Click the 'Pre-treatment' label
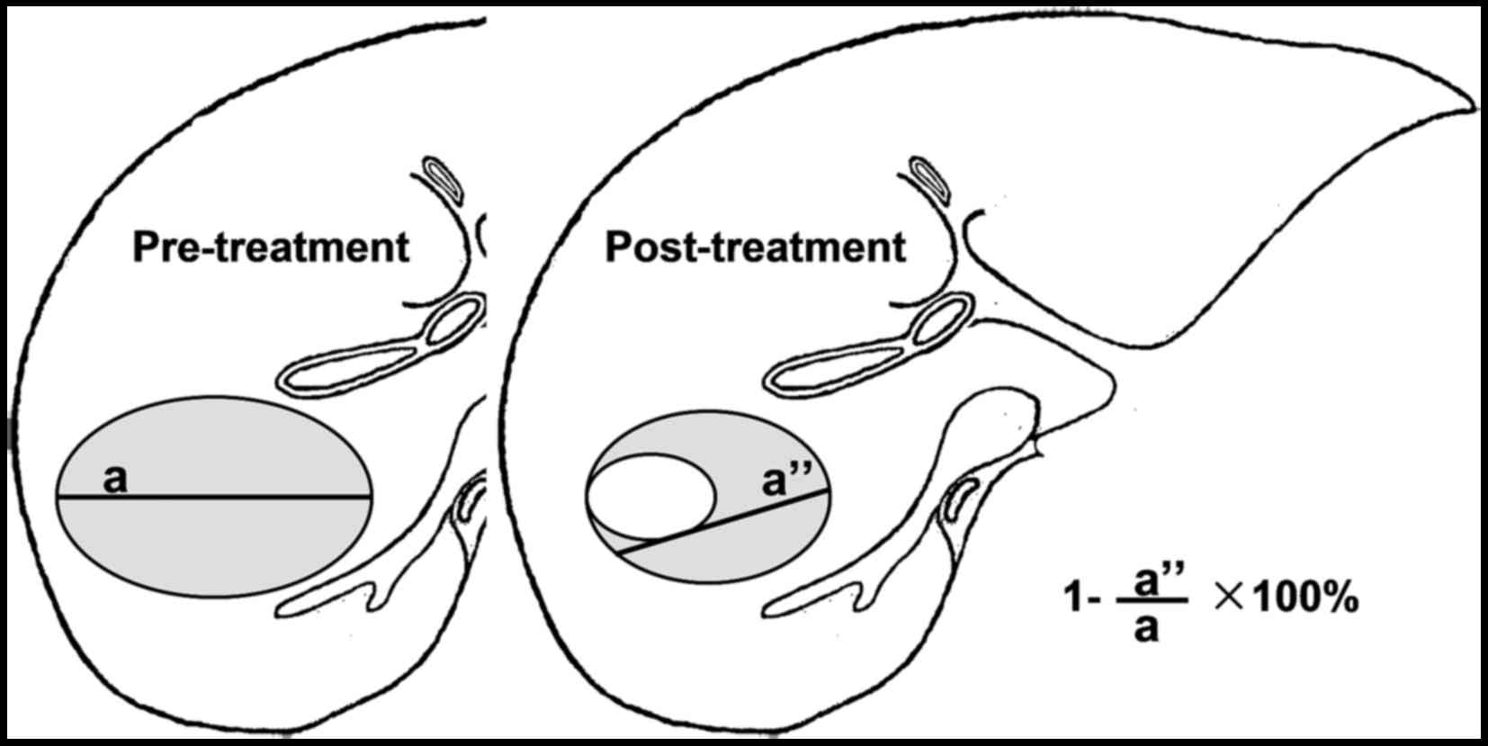point(271,247)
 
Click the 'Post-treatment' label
point(755,247)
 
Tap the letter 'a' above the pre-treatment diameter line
point(115,480)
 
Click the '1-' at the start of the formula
point(1078,599)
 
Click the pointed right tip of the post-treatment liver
point(1468,109)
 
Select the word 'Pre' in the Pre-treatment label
point(161,247)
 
